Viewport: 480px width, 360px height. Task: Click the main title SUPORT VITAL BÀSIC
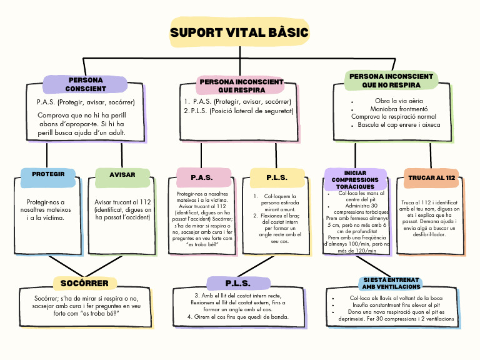pyautogui.click(x=239, y=32)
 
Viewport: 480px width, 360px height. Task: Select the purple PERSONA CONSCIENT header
pyautogui.click(x=86, y=84)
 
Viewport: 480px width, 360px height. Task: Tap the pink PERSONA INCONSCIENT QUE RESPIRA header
pyautogui.click(x=241, y=86)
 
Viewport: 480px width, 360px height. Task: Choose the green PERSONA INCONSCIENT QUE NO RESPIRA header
pyautogui.click(x=391, y=80)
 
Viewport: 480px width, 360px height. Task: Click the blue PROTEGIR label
pyautogui.click(x=48, y=174)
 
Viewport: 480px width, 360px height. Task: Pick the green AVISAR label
pyautogui.click(x=122, y=175)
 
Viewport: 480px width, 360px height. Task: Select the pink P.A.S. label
pyautogui.click(x=202, y=177)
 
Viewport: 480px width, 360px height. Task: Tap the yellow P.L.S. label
pyautogui.click(x=277, y=177)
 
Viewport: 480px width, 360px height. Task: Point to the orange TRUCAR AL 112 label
pyautogui.click(x=431, y=178)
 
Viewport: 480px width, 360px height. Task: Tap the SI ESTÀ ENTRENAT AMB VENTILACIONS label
pyautogui.click(x=392, y=282)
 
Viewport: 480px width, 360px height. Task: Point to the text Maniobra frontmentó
pyautogui.click(x=394, y=109)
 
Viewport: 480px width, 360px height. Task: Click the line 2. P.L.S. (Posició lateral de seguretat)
pyautogui.click(x=238, y=111)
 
